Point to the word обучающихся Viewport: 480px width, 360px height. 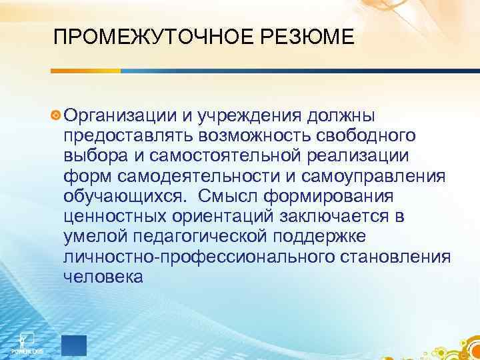click(124, 198)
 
